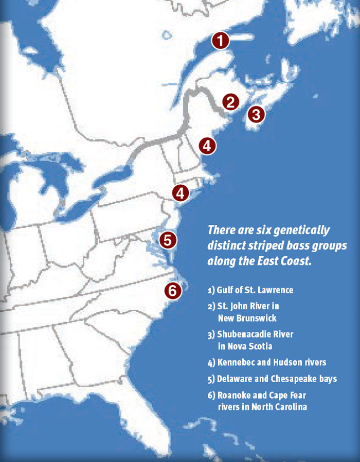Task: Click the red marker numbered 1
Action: [x=220, y=40]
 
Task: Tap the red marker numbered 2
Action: [x=231, y=102]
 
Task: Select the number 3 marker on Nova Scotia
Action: [x=257, y=114]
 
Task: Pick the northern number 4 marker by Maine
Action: [x=207, y=146]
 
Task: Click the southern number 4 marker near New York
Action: [x=181, y=193]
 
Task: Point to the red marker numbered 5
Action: [x=168, y=240]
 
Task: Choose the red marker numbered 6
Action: [x=173, y=291]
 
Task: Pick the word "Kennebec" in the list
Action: [x=237, y=363]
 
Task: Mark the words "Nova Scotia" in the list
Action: [x=249, y=346]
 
